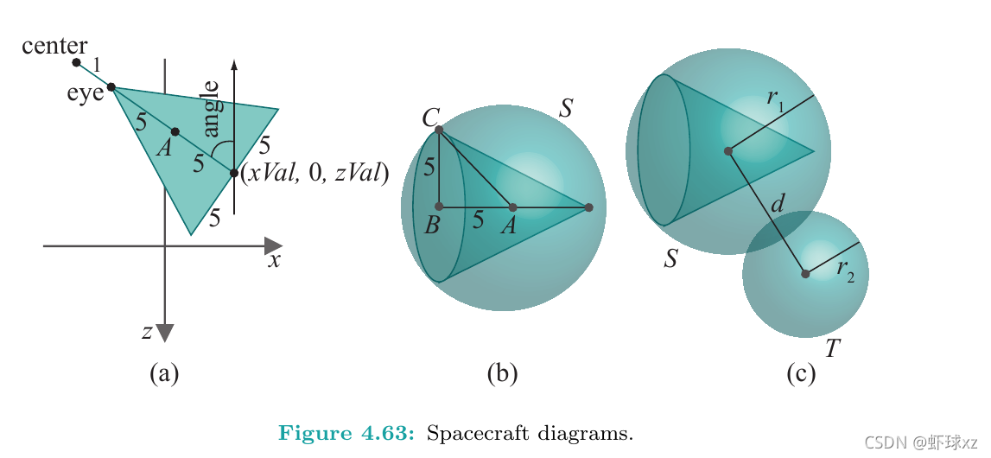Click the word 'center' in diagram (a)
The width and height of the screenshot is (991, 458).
tap(54, 45)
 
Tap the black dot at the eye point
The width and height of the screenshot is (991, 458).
tap(111, 87)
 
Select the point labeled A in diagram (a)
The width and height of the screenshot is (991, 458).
tap(175, 132)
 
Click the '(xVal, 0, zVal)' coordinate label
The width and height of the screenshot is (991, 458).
tap(314, 173)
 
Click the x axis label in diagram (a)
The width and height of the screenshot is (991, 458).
tap(273, 260)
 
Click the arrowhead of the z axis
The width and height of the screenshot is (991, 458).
tap(165, 333)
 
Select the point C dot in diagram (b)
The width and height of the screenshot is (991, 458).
tap(439, 130)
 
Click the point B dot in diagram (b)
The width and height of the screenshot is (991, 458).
tap(439, 207)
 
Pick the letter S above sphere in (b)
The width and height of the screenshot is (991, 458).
tap(566, 108)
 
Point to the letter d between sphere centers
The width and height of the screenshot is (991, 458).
tap(778, 205)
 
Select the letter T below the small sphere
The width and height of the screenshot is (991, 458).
tap(832, 348)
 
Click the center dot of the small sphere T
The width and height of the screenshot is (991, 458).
tap(805, 274)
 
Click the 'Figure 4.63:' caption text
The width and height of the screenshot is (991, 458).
tap(346, 433)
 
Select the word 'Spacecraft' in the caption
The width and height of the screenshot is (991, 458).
tap(473, 433)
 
